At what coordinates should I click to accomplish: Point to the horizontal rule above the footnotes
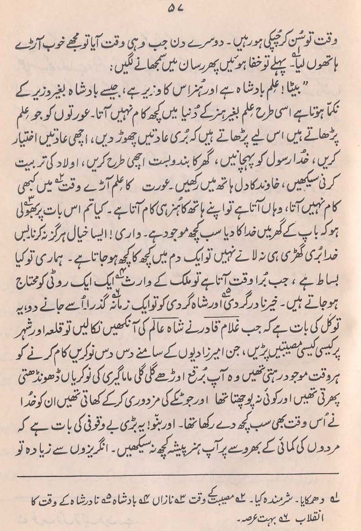(x=179, y=473)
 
